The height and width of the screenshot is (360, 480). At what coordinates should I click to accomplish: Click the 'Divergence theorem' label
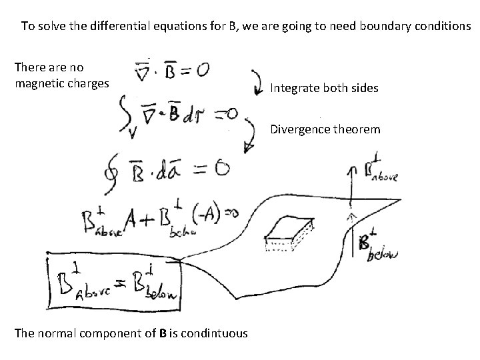point(325,129)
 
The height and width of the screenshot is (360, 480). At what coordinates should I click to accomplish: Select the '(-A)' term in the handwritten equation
point(203,215)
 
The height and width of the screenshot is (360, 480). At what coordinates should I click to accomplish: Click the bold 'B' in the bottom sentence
point(163,333)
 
